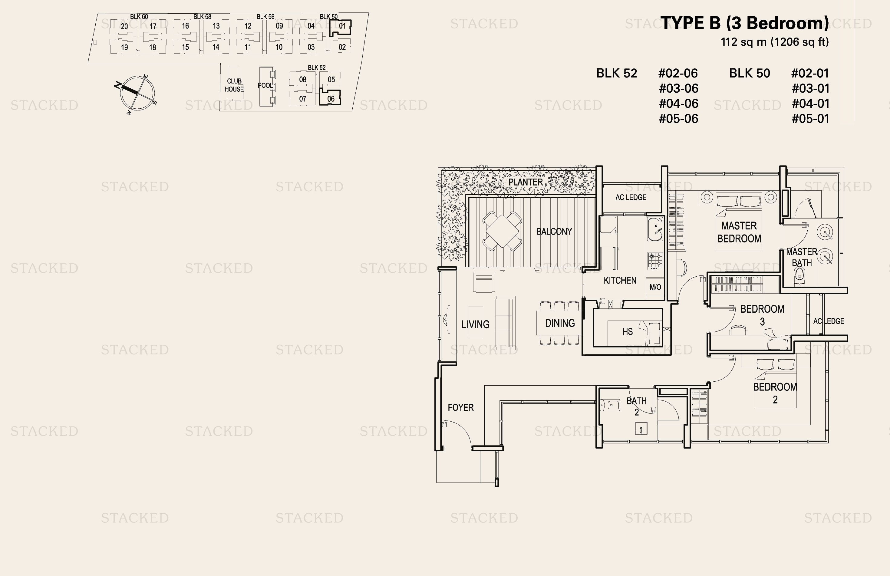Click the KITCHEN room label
click(620, 280)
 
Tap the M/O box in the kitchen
click(655, 287)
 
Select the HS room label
click(628, 331)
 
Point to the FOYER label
click(461, 407)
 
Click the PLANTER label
click(526, 182)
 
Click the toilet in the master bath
click(799, 276)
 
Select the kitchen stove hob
click(655, 261)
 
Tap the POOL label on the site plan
click(265, 85)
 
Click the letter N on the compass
click(117, 85)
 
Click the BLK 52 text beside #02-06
click(617, 73)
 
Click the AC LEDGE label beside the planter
click(631, 197)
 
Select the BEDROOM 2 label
click(775, 393)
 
